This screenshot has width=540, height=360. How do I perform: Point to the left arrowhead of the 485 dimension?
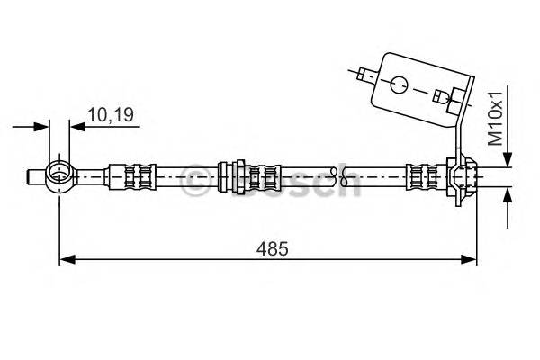65,260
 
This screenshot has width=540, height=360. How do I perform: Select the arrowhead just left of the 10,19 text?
76,127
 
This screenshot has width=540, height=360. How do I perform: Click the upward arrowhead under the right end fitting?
508,194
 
